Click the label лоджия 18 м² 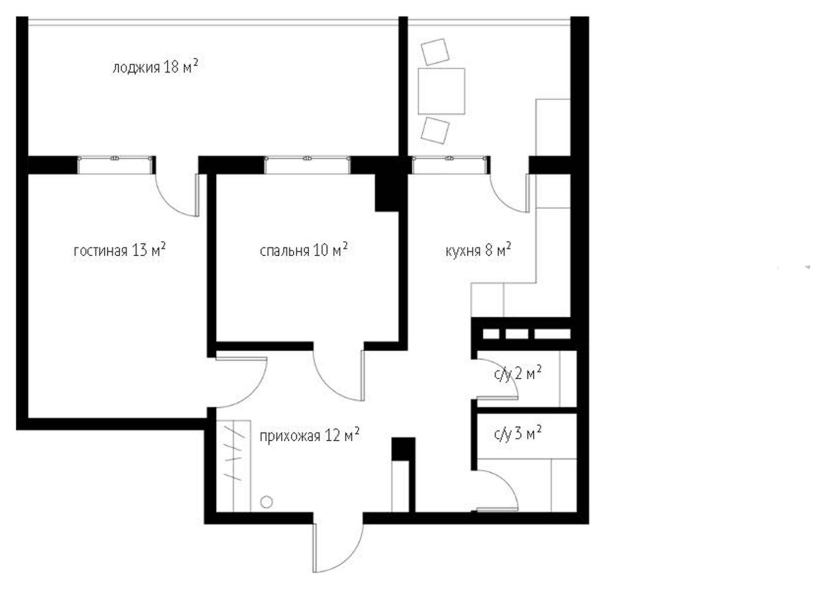pyautogui.click(x=155, y=67)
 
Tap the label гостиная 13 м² pyautogui.click(x=119, y=250)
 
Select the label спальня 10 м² pyautogui.click(x=304, y=250)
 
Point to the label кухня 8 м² pyautogui.click(x=478, y=250)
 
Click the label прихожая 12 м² pyautogui.click(x=309, y=436)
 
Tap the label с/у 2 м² pyautogui.click(x=518, y=374)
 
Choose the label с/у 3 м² pyautogui.click(x=518, y=434)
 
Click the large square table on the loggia pyautogui.click(x=441, y=91)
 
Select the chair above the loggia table pyautogui.click(x=435, y=52)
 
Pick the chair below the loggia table pyautogui.click(x=435, y=131)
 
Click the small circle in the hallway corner pyautogui.click(x=266, y=502)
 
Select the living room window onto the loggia pyautogui.click(x=115, y=165)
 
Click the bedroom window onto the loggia pyautogui.click(x=307, y=165)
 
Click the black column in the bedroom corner pyautogui.click(x=387, y=192)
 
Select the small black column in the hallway pyautogui.click(x=403, y=449)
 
